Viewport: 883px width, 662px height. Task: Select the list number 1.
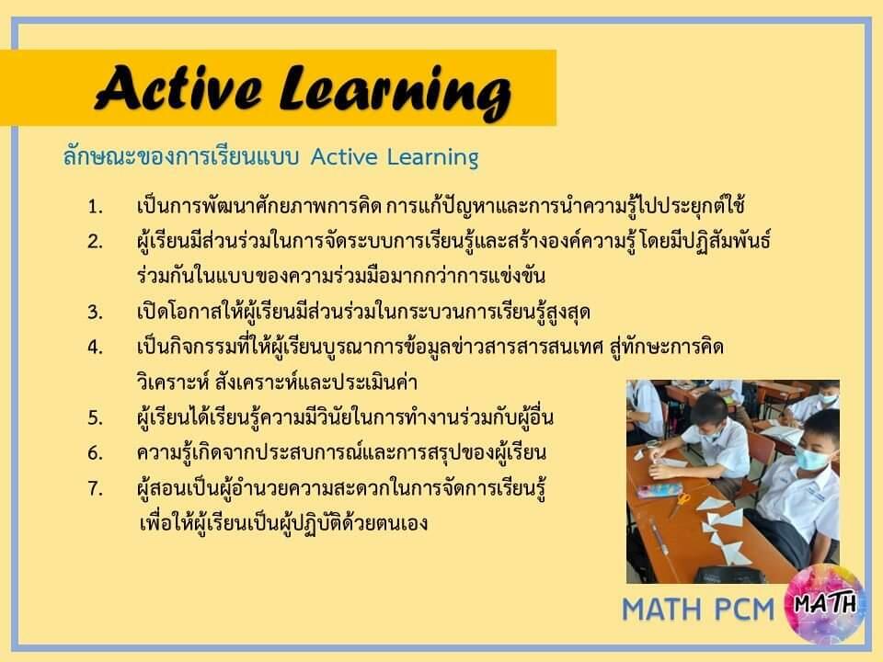click(x=95, y=206)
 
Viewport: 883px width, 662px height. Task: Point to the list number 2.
click(x=95, y=242)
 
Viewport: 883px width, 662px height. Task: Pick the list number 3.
click(x=95, y=313)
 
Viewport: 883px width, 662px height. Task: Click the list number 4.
click(x=95, y=348)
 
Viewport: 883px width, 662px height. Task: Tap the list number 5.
click(x=95, y=418)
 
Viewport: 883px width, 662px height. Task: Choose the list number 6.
click(x=95, y=453)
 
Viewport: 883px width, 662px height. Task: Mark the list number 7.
click(x=95, y=488)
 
